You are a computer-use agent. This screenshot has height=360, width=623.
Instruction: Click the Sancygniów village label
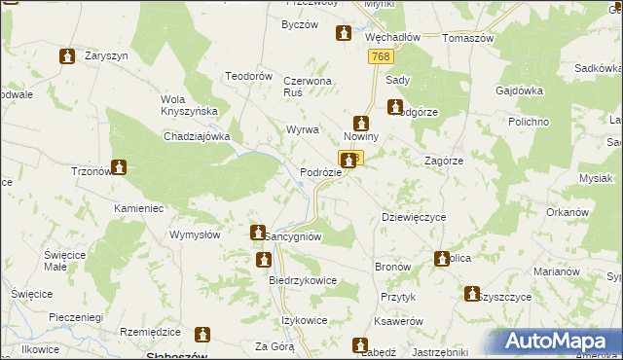click(x=293, y=236)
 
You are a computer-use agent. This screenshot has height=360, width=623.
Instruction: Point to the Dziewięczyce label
click(x=413, y=217)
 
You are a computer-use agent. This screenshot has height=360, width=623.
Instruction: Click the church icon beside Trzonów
click(x=119, y=167)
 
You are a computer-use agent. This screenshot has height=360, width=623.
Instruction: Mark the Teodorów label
click(x=248, y=76)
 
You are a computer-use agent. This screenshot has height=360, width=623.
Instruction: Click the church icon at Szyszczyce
click(x=472, y=293)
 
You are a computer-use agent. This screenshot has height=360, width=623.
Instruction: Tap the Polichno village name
click(x=530, y=121)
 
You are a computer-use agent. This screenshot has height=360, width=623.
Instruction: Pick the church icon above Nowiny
click(x=361, y=124)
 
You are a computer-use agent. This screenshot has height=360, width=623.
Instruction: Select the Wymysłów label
click(x=199, y=234)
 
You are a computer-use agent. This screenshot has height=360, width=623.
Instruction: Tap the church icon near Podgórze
click(x=395, y=108)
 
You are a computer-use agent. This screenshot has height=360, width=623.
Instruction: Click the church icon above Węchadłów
click(x=343, y=34)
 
